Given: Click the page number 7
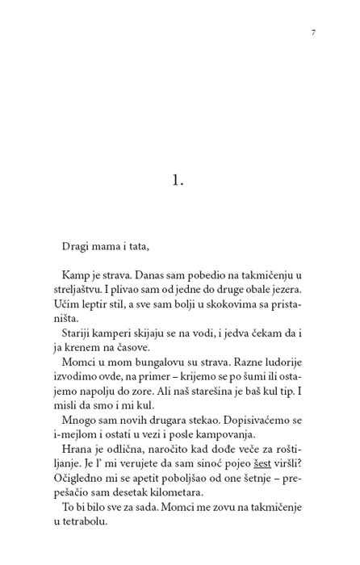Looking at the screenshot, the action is point(312,32).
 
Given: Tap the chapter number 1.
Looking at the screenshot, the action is point(179,180).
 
